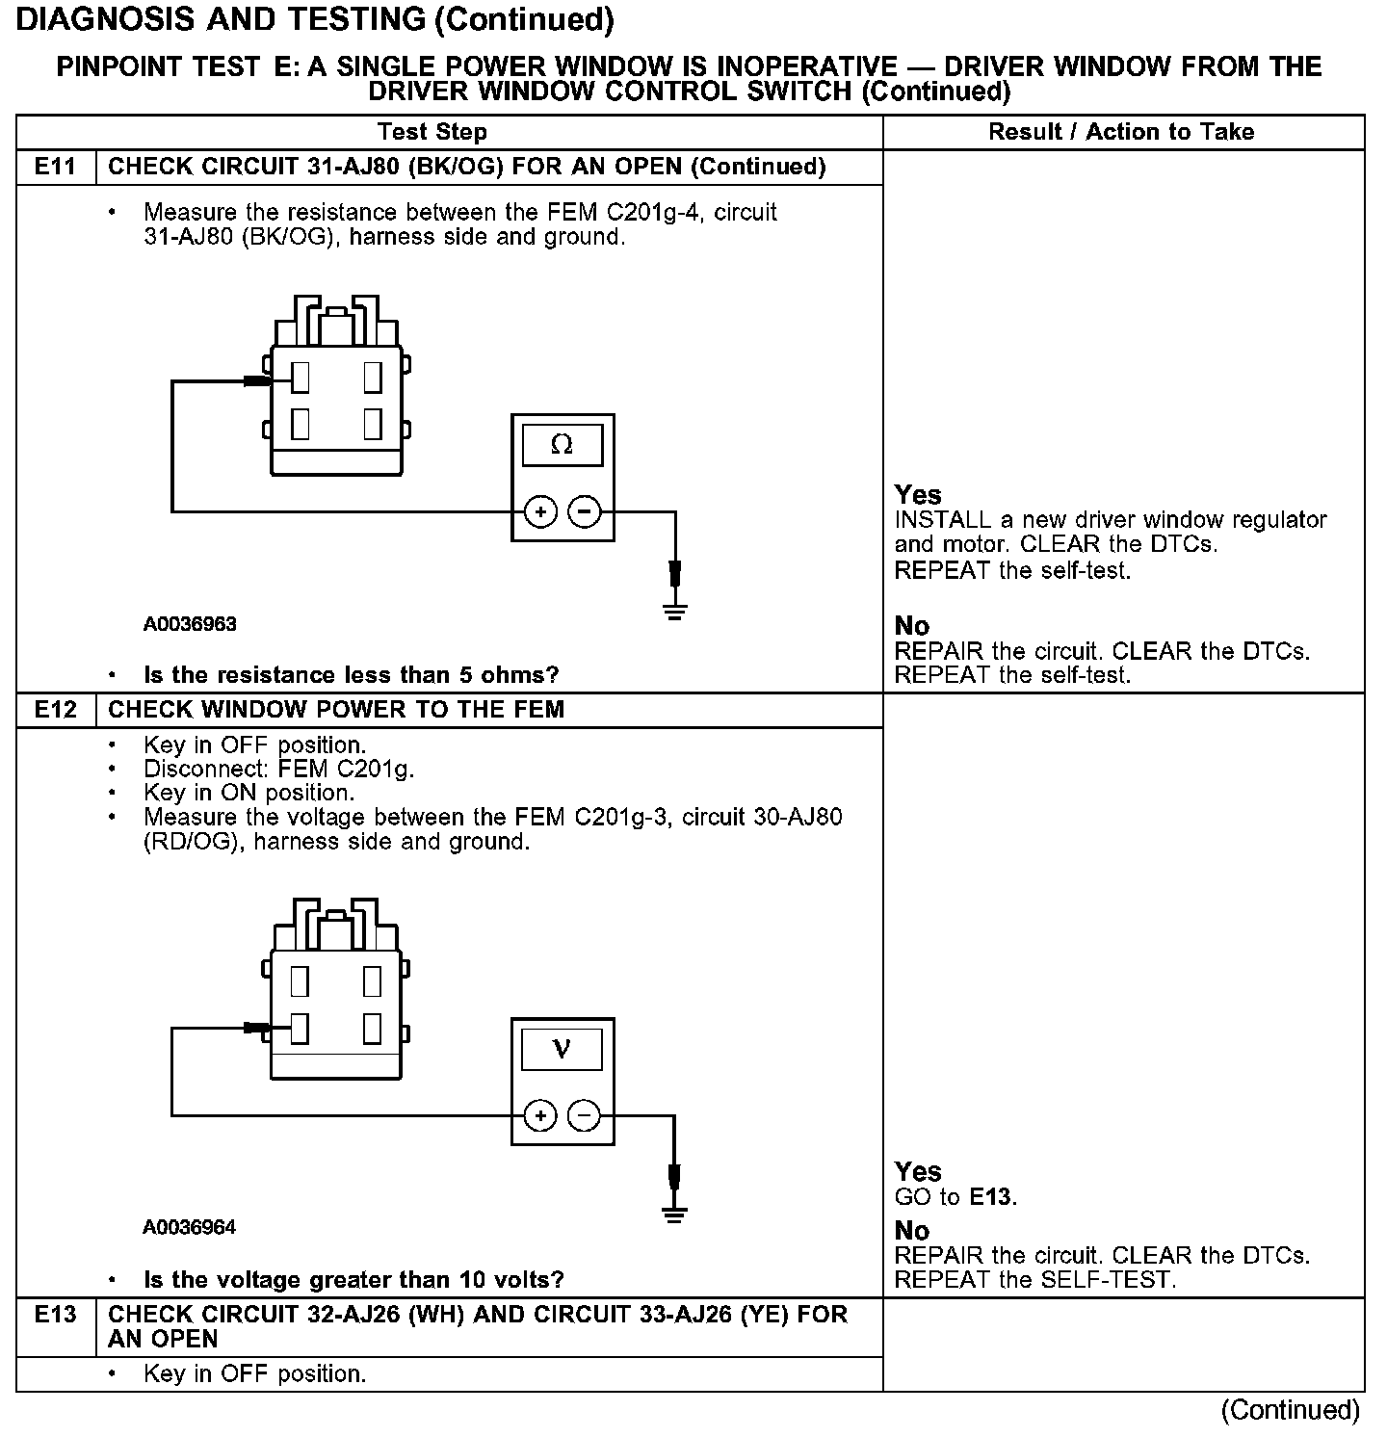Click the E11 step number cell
pos(55,167)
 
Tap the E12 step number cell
pos(55,710)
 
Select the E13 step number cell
pos(55,1316)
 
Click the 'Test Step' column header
pos(432,132)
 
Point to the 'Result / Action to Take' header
pos(1121,132)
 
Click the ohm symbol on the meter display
pos(562,445)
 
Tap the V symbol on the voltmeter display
pos(562,1049)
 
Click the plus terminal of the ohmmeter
pos(540,511)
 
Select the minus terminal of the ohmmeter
pos(584,511)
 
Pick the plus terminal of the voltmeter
pos(540,1116)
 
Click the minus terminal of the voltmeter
pos(584,1116)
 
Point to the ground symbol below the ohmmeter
pos(675,611)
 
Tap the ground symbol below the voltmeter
pos(675,1215)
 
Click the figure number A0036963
pos(190,624)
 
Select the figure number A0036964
pos(190,1227)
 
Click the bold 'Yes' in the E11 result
pos(918,495)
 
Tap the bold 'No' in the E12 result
pos(912,1231)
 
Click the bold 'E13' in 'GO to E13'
pos(991,1197)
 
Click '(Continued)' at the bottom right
pos(1290,1411)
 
